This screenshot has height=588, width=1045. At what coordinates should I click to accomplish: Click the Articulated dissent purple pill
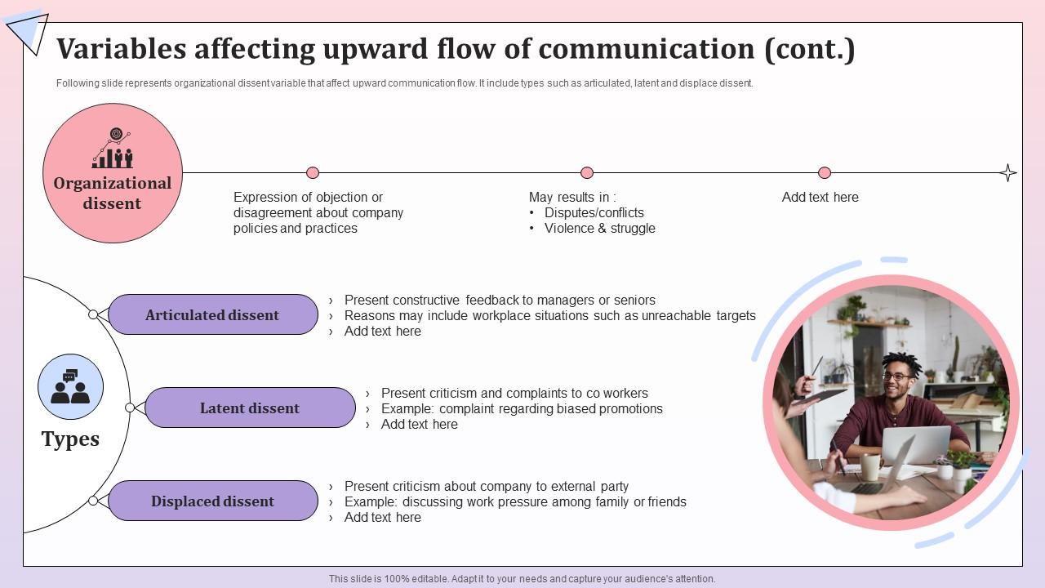(212, 315)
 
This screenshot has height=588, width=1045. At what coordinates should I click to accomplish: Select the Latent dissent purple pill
(250, 408)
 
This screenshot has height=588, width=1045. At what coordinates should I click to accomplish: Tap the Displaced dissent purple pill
(212, 501)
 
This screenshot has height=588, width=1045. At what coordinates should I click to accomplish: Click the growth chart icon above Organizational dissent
(113, 149)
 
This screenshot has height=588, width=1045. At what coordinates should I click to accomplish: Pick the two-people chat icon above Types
(70, 387)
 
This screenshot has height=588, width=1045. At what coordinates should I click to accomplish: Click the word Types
(70, 439)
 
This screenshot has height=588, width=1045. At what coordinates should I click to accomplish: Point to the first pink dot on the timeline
(313, 172)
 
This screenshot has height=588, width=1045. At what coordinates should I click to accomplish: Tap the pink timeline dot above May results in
(587, 172)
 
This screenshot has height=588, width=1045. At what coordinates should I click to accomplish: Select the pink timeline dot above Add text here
(825, 172)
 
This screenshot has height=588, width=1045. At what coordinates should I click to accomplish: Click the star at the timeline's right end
(1008, 172)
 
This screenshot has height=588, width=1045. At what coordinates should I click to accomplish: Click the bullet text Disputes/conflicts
(594, 213)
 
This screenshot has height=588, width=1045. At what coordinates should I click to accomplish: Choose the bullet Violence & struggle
(599, 229)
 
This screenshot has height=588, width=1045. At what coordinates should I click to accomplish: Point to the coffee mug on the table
(870, 466)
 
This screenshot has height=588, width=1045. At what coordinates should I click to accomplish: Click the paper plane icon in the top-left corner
(28, 30)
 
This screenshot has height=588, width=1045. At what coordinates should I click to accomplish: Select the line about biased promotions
(522, 408)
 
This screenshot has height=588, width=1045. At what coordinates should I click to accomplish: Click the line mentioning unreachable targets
(549, 315)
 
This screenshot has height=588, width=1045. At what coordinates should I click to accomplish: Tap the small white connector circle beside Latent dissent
(130, 408)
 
